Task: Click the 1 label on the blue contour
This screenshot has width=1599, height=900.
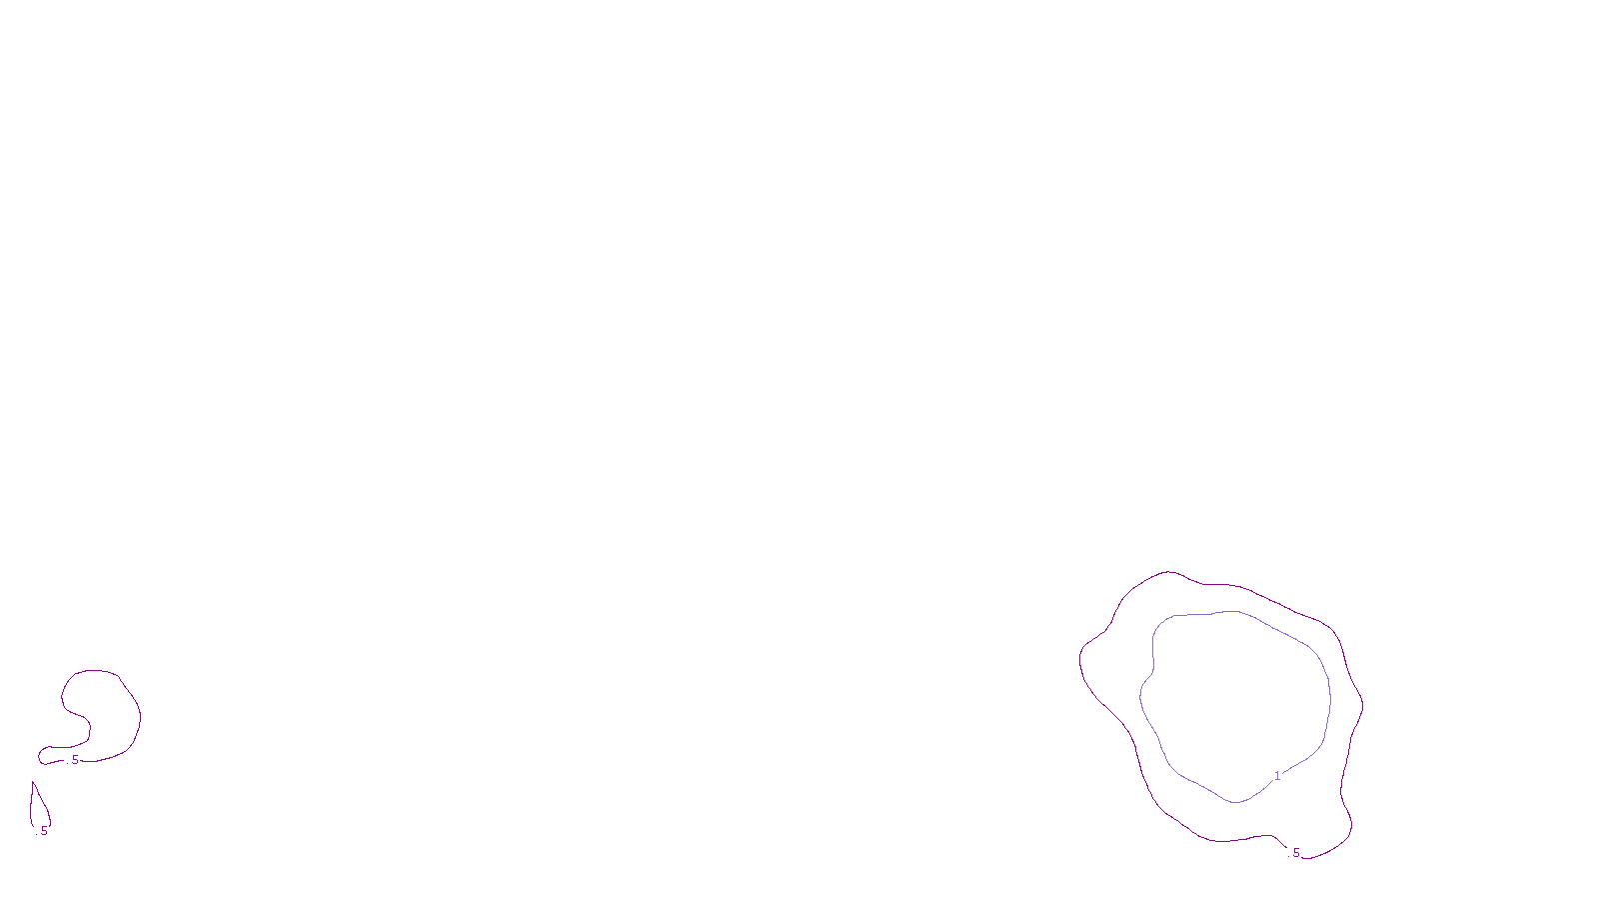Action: click(x=1276, y=776)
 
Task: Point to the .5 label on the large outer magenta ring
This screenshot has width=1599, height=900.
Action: click(x=1295, y=853)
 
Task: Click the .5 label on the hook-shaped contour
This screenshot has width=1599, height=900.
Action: click(x=73, y=760)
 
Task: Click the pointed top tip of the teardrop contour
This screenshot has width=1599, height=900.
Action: click(x=33, y=782)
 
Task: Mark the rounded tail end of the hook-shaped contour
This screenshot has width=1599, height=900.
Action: click(x=41, y=757)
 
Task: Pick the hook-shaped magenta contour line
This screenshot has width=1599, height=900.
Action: click(x=140, y=716)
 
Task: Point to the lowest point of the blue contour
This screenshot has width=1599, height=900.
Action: click(x=1236, y=802)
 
